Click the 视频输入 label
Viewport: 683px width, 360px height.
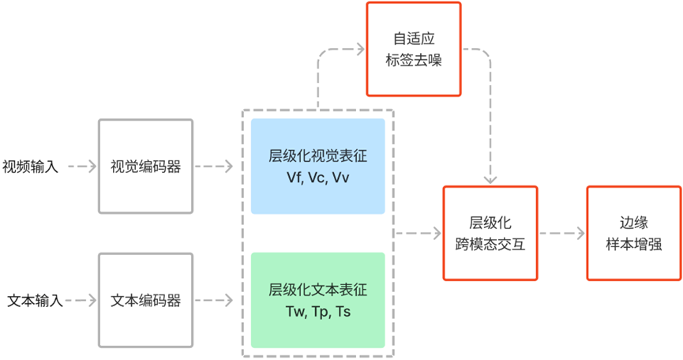coord(31,167)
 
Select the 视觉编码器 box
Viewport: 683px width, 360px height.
coord(145,167)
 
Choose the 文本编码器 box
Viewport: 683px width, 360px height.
coord(145,301)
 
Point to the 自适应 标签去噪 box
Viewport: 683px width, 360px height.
coord(412,49)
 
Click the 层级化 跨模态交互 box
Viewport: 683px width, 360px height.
coord(490,233)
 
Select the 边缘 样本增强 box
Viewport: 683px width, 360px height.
coord(634,233)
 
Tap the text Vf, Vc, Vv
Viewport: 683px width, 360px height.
coord(317,178)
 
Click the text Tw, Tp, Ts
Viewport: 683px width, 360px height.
coord(317,312)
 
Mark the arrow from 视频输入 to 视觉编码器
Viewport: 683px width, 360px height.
coord(80,167)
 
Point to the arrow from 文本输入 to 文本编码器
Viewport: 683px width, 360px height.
coord(80,301)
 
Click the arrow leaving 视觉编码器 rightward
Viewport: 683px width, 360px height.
coord(213,167)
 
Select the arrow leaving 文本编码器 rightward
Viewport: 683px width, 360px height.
coord(213,301)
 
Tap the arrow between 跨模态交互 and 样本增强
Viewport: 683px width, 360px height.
coord(561,234)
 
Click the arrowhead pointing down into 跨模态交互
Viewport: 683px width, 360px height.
coord(490,181)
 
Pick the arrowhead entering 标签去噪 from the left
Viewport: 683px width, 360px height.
coord(360,50)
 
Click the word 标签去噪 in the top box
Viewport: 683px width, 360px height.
coord(412,60)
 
